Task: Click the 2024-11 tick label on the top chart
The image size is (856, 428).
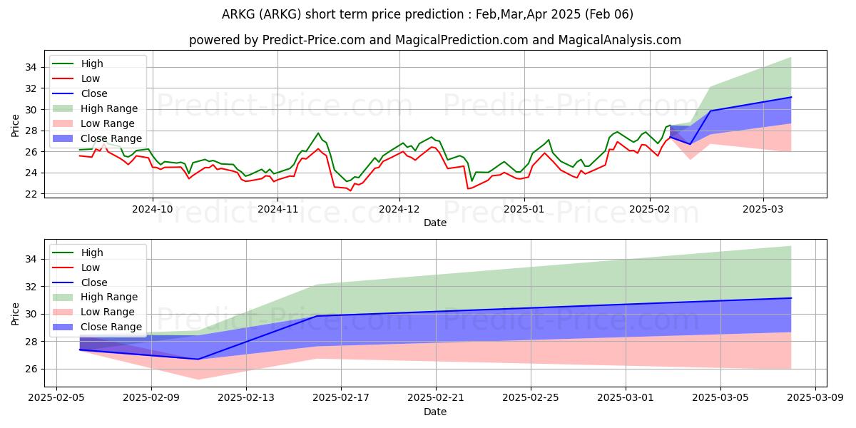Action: click(277, 209)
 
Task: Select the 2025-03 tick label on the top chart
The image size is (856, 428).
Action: click(763, 209)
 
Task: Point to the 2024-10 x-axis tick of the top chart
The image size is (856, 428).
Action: click(152, 209)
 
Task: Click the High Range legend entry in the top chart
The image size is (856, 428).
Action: click(109, 108)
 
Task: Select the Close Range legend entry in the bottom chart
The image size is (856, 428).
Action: click(111, 327)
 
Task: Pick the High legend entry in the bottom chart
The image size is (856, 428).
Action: click(92, 253)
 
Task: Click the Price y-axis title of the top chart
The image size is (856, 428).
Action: click(16, 126)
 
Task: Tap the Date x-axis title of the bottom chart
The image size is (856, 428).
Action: click(435, 412)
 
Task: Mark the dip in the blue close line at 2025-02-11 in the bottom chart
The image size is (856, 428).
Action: click(198, 359)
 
